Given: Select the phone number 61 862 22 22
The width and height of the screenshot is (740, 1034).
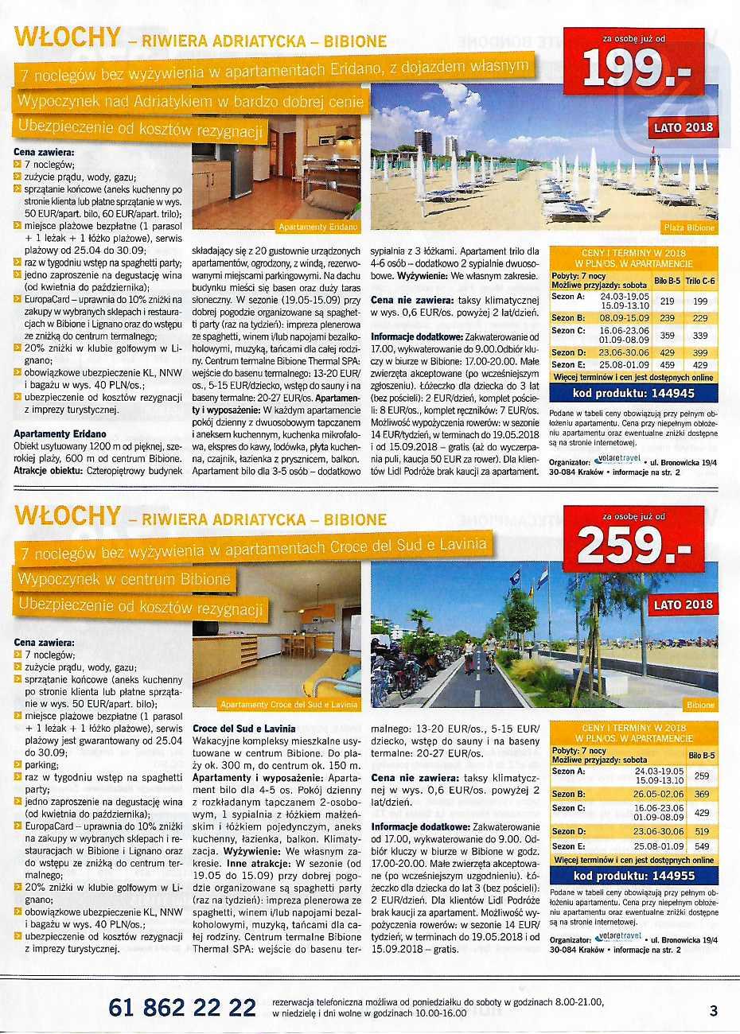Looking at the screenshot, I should (182, 1008).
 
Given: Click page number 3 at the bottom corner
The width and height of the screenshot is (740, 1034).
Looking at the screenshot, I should (713, 1011).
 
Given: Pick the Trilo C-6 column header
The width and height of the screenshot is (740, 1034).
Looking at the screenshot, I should (700, 281).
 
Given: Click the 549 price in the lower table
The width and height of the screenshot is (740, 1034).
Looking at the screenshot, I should (701, 846).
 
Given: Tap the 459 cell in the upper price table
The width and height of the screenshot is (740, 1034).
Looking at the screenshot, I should (668, 366).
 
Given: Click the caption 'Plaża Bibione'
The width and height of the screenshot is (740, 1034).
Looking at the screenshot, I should (689, 227).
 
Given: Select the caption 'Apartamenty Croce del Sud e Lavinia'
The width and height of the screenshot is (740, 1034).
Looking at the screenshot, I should (289, 705).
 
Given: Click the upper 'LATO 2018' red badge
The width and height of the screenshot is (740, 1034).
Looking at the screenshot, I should (684, 127).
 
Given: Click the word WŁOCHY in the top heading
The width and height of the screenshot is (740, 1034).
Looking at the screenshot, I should (68, 37).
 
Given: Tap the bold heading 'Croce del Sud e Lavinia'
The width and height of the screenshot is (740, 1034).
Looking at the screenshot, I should (243, 728).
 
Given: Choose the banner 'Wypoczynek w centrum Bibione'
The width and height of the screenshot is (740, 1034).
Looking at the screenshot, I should (124, 578).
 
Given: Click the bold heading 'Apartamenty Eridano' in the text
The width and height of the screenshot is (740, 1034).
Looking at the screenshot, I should (60, 434).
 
